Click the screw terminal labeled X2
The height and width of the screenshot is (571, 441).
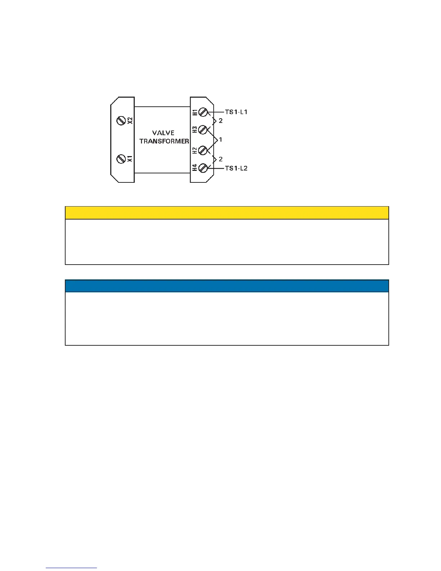(121, 121)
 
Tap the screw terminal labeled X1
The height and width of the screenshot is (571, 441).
(121, 159)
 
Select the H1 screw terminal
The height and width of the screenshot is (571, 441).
(203, 112)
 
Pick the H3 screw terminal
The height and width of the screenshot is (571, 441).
(203, 129)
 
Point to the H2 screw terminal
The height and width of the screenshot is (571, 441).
(203, 150)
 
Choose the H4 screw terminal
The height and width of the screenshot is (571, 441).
(203, 168)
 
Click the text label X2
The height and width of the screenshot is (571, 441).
(130, 120)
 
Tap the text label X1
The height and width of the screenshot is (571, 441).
(130, 159)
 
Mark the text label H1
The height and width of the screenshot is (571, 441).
(195, 112)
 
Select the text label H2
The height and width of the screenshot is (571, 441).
(195, 150)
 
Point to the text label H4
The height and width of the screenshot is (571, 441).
(195, 168)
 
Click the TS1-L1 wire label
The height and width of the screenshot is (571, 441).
(236, 112)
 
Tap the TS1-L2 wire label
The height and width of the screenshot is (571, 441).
(236, 168)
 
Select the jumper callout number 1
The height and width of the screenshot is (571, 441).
(220, 140)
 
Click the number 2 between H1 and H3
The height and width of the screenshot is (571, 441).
(220, 121)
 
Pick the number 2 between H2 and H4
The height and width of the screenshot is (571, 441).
(220, 159)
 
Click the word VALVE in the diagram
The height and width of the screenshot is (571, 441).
(163, 133)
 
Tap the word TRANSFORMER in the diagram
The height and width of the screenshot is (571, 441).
(164, 141)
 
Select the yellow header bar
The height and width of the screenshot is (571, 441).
(227, 213)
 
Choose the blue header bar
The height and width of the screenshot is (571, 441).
(227, 286)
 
